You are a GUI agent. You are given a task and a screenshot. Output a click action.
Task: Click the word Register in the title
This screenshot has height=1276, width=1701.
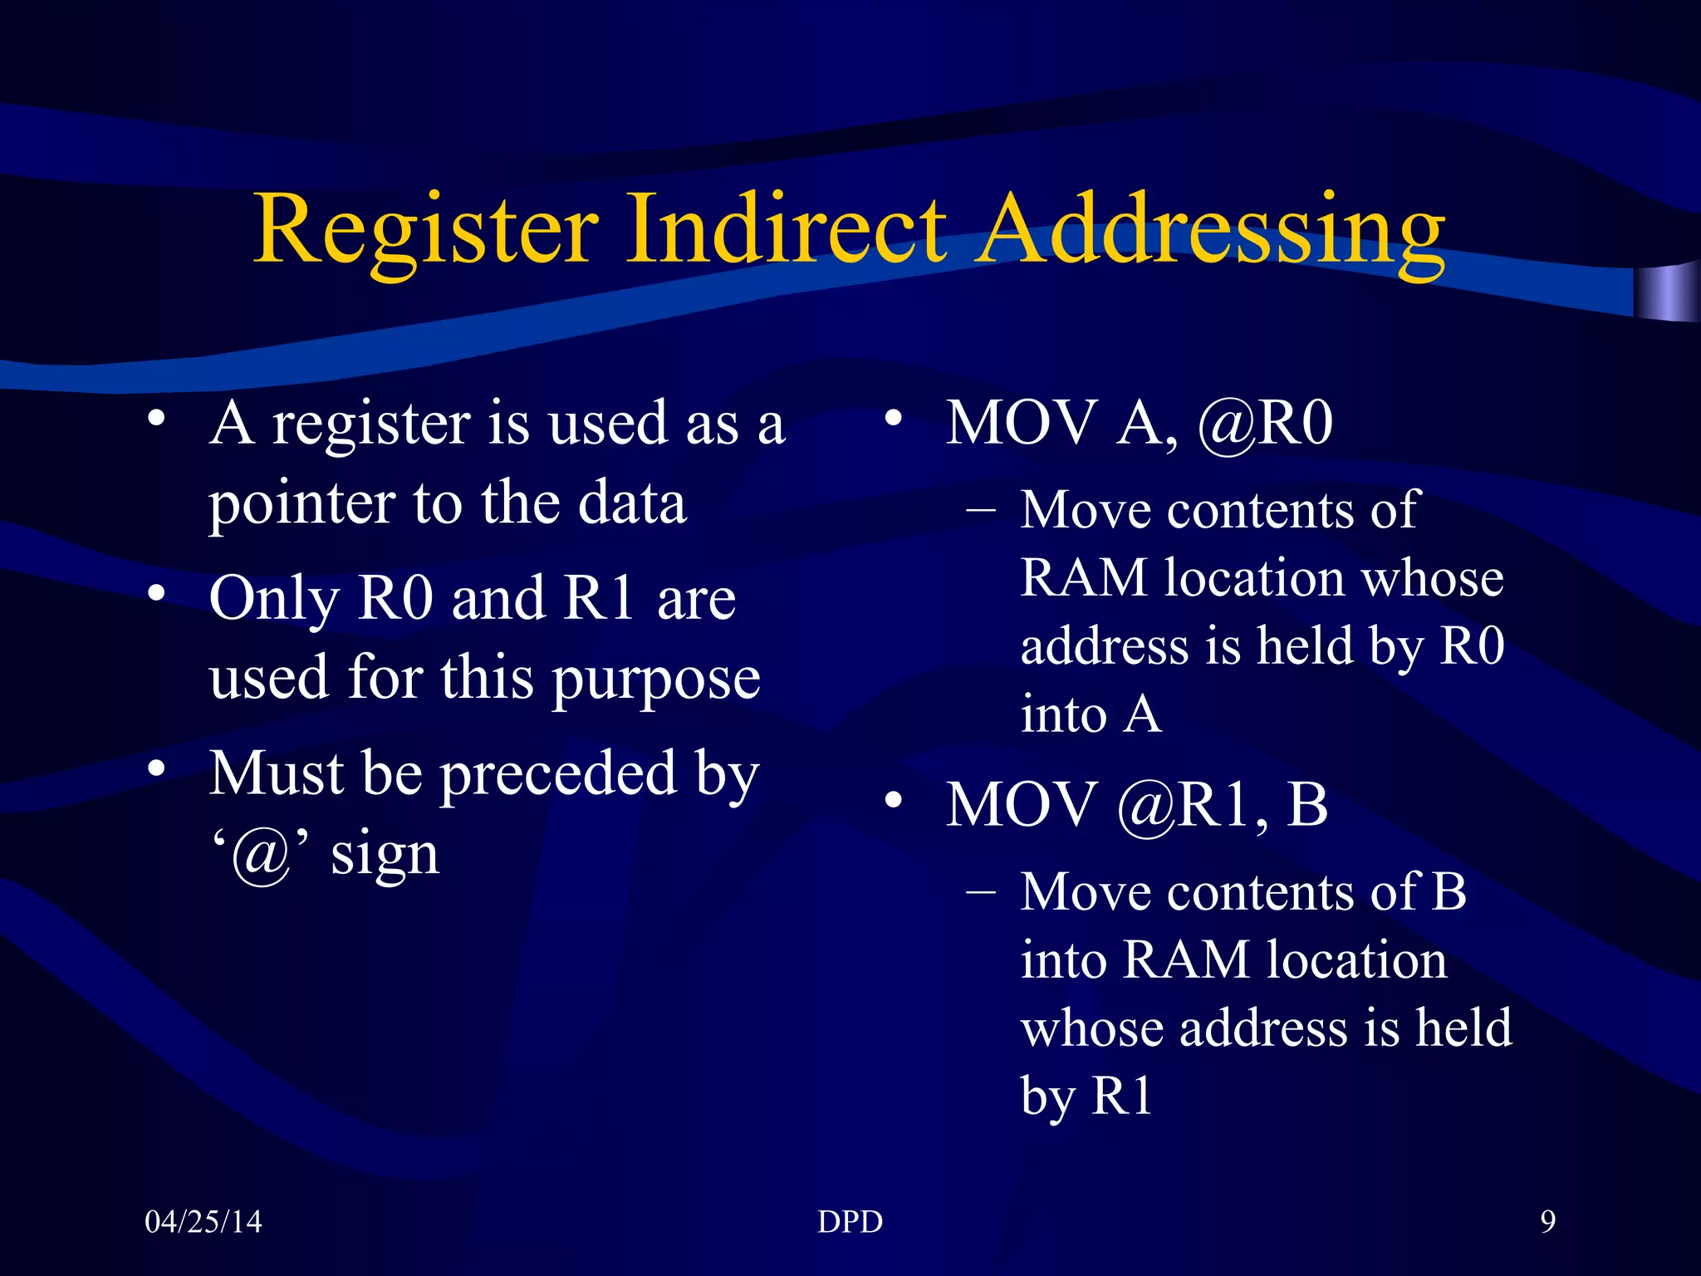click(x=425, y=229)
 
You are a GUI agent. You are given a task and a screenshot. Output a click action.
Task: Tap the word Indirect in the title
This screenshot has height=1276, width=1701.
click(x=785, y=229)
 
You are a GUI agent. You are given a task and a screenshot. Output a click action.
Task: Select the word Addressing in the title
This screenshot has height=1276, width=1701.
click(x=1211, y=229)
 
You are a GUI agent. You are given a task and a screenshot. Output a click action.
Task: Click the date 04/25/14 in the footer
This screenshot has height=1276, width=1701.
click(x=203, y=1222)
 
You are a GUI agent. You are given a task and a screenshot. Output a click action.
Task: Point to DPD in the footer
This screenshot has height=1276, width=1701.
click(x=850, y=1222)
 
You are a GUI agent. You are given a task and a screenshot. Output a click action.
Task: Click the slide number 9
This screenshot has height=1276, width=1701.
click(x=1547, y=1222)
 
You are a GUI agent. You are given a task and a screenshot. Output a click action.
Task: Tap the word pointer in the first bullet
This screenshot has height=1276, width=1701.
click(x=301, y=505)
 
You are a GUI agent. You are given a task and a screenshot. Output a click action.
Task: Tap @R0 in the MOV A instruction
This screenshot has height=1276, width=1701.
click(x=1264, y=424)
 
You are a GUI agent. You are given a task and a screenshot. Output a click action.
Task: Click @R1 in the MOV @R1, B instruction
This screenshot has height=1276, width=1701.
click(x=1183, y=806)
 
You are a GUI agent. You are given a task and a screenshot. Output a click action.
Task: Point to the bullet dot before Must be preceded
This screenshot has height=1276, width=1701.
click(x=156, y=769)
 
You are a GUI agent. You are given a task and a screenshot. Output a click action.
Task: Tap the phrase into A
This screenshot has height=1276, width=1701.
click(x=1090, y=714)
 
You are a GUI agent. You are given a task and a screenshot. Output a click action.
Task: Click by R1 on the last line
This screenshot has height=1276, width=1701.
click(x=1086, y=1097)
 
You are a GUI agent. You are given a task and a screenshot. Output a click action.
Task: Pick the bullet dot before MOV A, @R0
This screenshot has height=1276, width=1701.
click(x=893, y=418)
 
